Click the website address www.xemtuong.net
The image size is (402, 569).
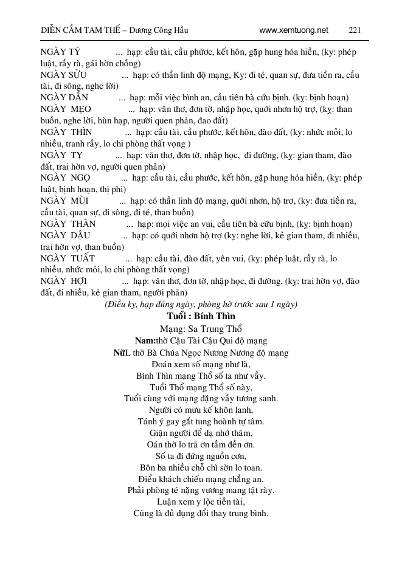(293, 29)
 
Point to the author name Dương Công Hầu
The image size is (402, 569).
(157, 29)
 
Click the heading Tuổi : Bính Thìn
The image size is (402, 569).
(201, 317)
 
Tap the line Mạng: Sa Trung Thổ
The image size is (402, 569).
(201, 329)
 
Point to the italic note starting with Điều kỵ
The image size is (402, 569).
(201, 304)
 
